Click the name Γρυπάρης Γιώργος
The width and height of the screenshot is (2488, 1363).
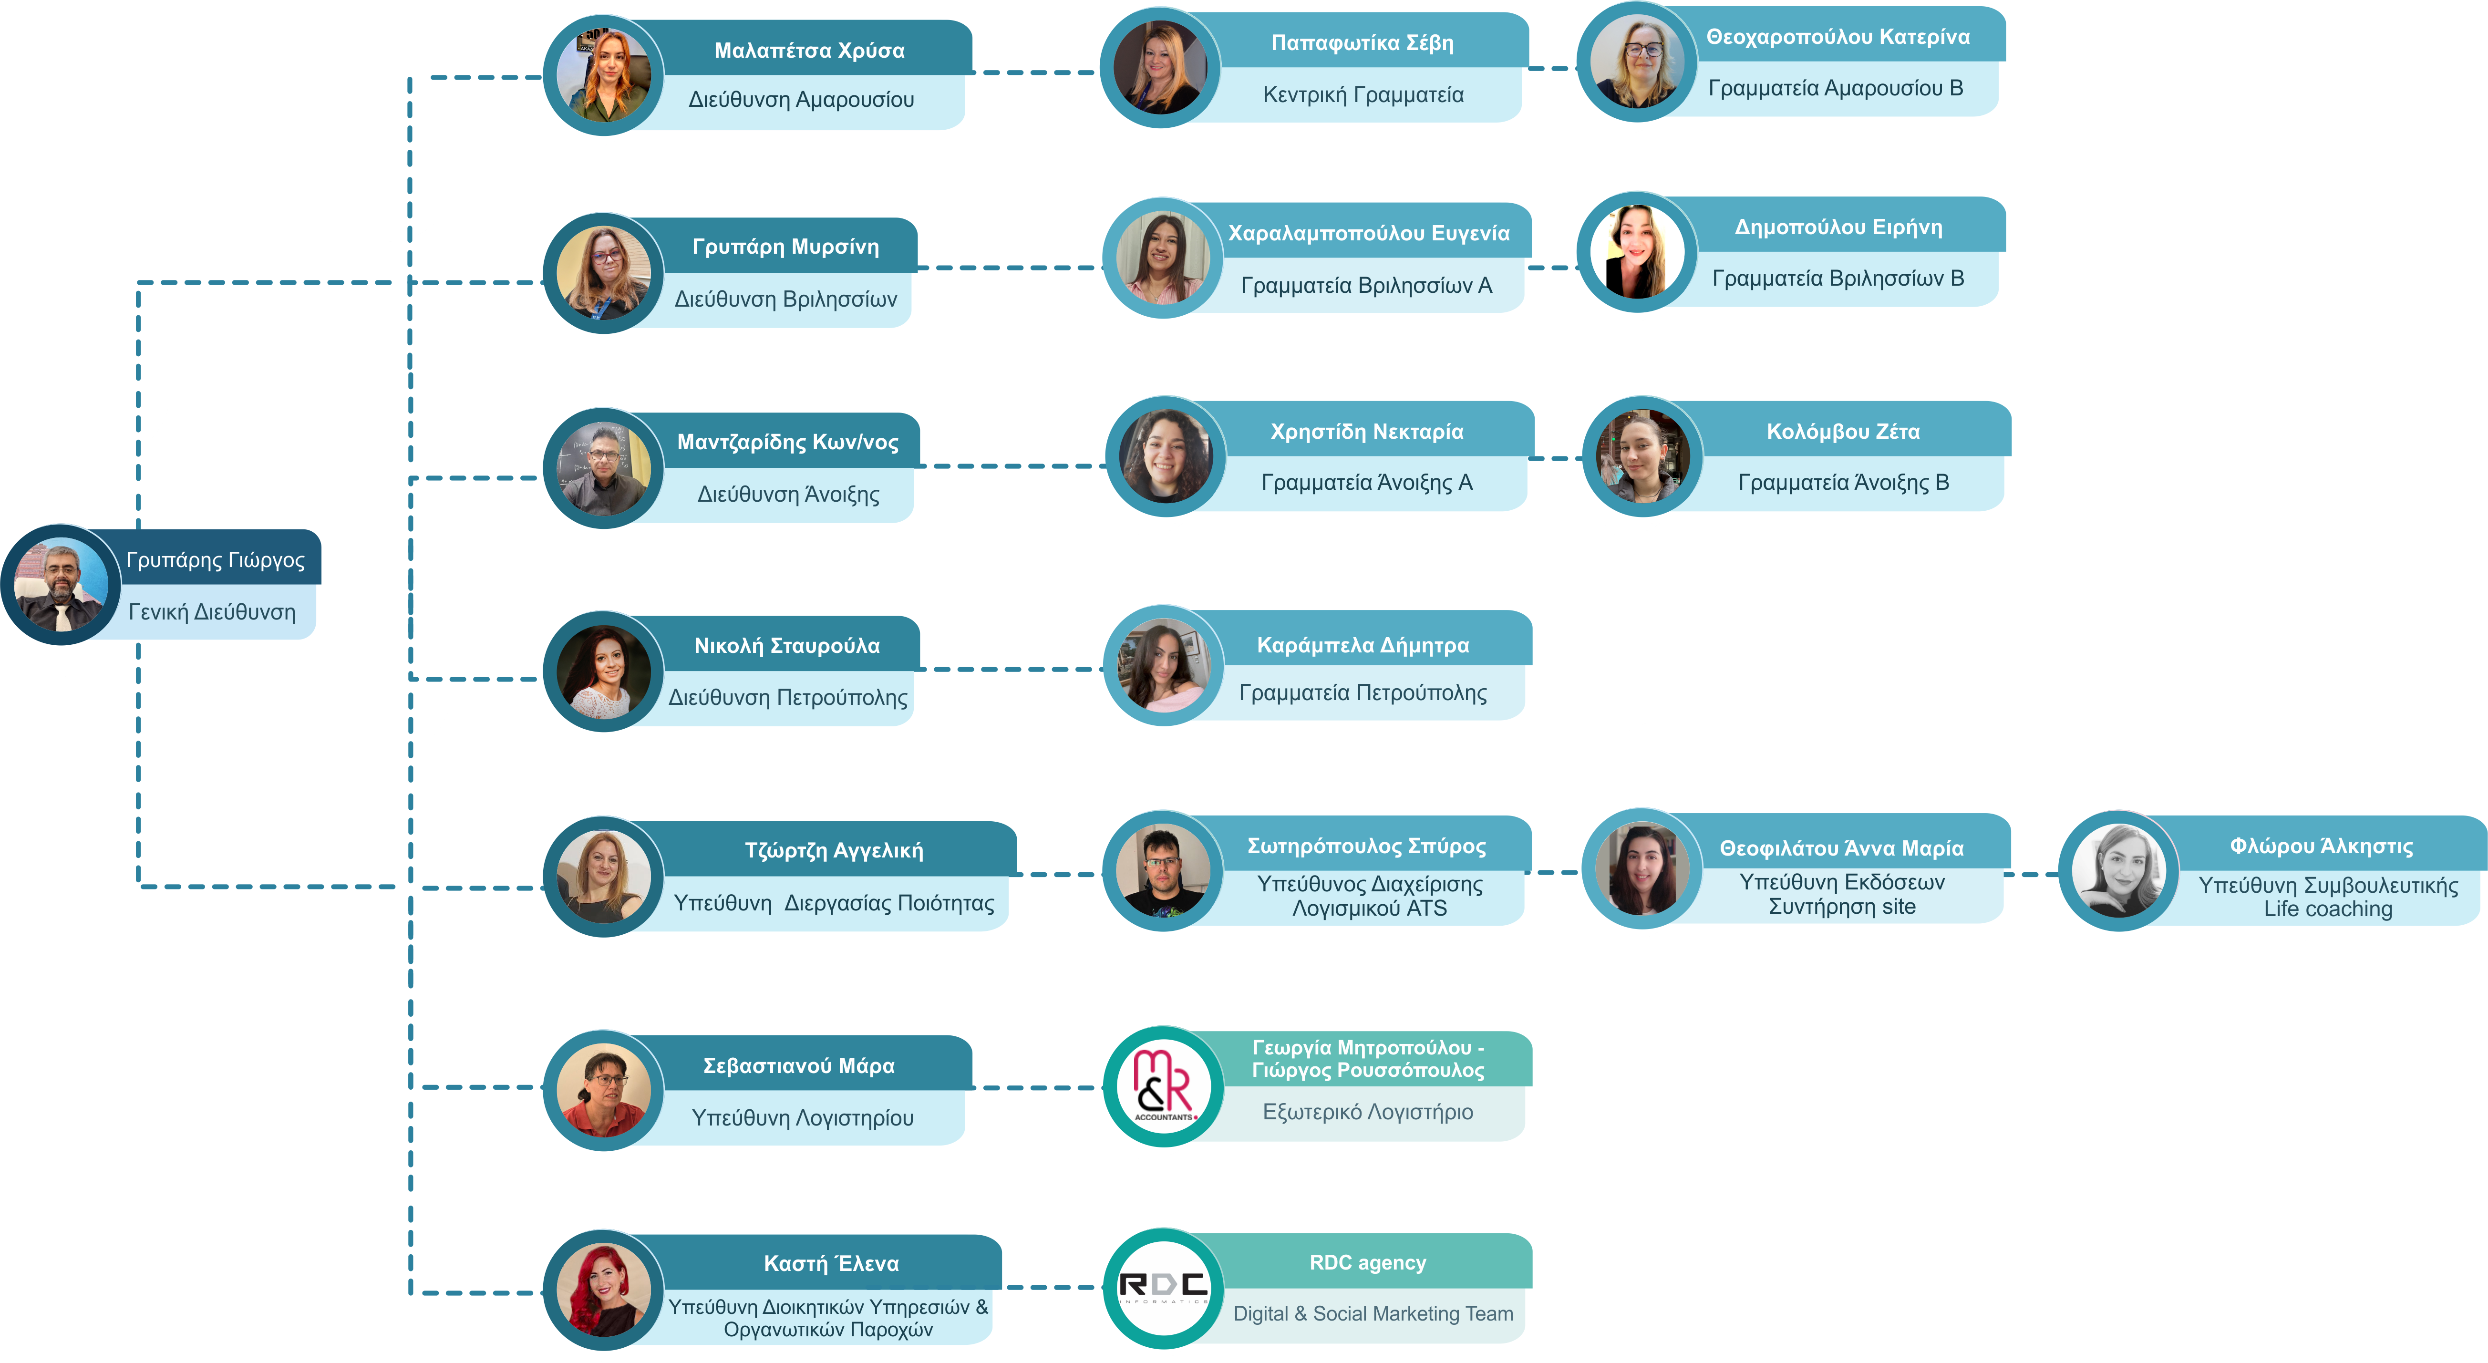[x=216, y=560]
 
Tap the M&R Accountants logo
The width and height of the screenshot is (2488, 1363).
[x=1163, y=1087]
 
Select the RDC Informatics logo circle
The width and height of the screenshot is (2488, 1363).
[x=1163, y=1289]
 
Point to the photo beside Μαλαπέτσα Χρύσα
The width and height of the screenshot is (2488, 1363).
[x=604, y=75]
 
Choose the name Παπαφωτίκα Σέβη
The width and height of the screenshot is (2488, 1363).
[x=1362, y=42]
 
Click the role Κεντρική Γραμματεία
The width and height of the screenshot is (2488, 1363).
[x=1363, y=95]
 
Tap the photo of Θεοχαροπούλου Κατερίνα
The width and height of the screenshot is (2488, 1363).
[x=1637, y=62]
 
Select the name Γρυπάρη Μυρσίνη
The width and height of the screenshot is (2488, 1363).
[x=785, y=247]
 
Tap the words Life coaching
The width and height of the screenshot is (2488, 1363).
[x=2328, y=909]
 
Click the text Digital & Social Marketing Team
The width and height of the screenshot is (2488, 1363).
[x=1373, y=1314]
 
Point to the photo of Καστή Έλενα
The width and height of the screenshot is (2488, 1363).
[x=604, y=1290]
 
